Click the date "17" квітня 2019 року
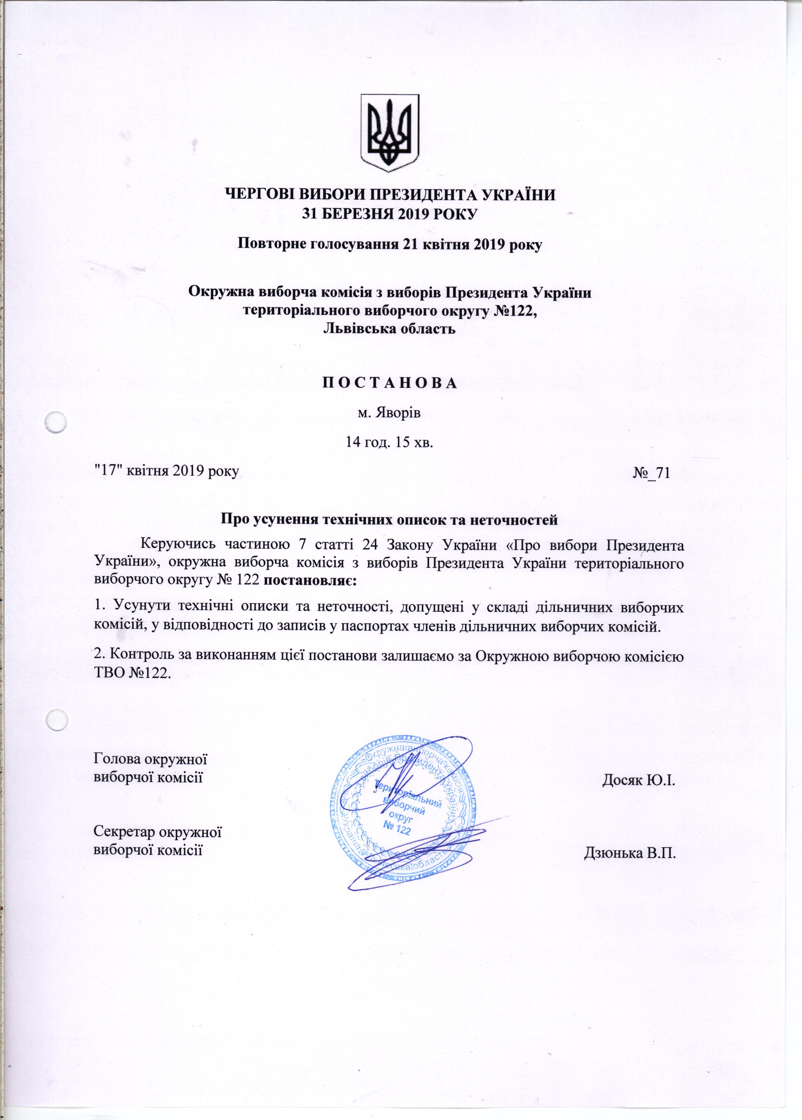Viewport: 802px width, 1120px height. point(167,471)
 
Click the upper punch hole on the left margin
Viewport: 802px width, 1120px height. point(55,423)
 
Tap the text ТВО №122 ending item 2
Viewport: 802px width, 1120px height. point(132,673)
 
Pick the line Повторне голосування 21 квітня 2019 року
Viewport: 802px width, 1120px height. point(390,244)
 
